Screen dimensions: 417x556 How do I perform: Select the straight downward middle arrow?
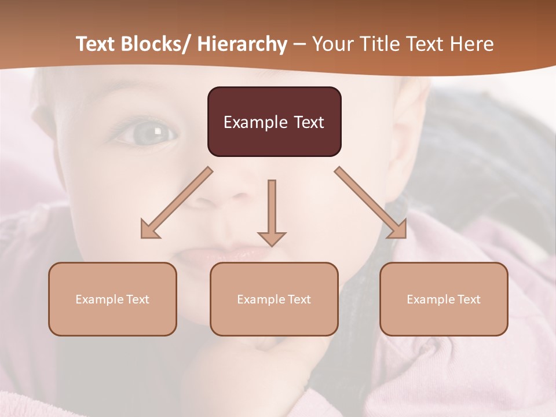pyautogui.click(x=272, y=209)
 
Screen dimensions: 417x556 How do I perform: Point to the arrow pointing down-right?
pyautogui.click(x=371, y=203)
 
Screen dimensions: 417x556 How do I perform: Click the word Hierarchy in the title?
pyautogui.click(x=242, y=44)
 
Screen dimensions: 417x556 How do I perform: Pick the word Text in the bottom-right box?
pyautogui.click(x=469, y=299)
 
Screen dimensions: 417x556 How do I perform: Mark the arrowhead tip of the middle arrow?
pyautogui.click(x=272, y=246)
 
